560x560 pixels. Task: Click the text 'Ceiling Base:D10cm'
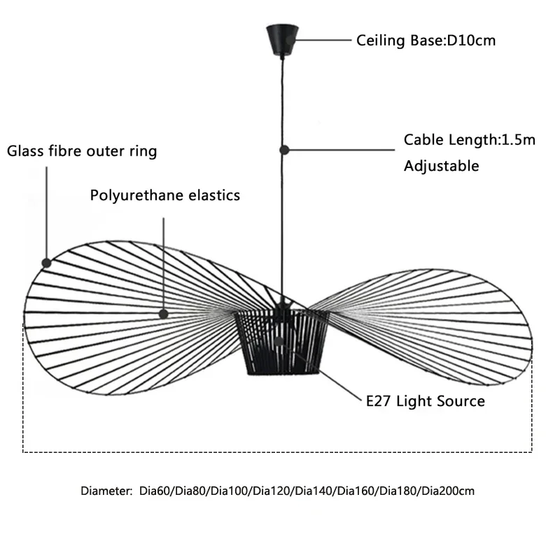426,41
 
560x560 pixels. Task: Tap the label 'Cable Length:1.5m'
469,139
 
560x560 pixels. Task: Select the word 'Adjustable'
441,166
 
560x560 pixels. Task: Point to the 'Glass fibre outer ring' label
82,151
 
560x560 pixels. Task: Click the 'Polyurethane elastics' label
165,195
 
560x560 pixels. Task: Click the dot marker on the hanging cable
283,149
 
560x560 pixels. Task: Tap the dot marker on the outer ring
46,262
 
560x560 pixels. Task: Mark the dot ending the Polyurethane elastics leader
163,315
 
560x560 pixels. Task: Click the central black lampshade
281,343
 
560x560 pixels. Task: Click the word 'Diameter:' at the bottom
105,491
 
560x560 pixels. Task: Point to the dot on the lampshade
278,342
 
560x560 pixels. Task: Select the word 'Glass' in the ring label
22,151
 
